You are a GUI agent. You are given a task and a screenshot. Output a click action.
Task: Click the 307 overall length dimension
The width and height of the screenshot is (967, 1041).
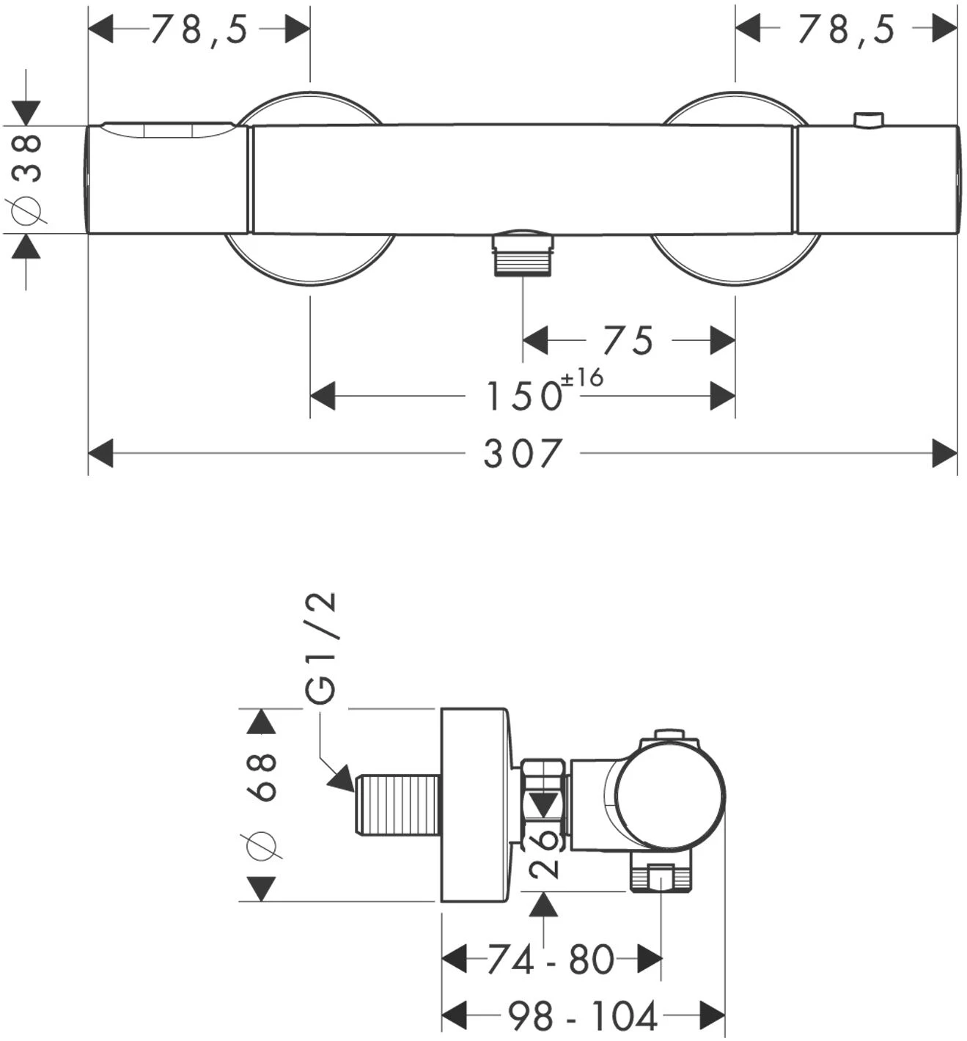pyautogui.click(x=523, y=454)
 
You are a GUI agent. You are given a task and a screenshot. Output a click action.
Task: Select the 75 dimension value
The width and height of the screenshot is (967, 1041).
pyautogui.click(x=628, y=341)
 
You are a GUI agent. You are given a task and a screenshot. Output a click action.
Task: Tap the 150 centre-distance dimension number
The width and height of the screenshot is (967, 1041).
pyautogui.click(x=524, y=397)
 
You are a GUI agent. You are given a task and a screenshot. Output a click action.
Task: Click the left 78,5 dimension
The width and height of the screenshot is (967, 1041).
pyautogui.click(x=200, y=30)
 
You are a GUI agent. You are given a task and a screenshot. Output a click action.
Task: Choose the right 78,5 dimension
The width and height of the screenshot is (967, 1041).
pyautogui.click(x=847, y=30)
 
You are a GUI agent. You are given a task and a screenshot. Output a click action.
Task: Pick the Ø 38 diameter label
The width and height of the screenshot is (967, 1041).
pyautogui.click(x=28, y=180)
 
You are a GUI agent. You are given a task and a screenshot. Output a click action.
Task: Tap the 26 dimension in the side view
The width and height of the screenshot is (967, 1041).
pyautogui.click(x=544, y=853)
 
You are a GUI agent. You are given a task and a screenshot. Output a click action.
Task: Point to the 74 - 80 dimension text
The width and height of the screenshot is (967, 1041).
pyautogui.click(x=551, y=960)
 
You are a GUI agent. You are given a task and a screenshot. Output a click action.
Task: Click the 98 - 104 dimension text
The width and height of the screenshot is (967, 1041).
pyautogui.click(x=583, y=1017)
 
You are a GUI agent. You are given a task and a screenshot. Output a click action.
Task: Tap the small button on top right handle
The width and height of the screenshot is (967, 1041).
pyautogui.click(x=869, y=119)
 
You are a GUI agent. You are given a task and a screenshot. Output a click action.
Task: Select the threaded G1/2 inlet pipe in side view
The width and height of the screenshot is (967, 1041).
pyautogui.click(x=397, y=805)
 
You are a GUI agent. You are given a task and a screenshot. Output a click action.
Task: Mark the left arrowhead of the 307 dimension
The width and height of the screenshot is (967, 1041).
pyautogui.click(x=101, y=453)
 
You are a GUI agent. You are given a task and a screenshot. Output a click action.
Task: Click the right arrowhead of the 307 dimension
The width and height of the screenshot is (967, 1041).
pyautogui.click(x=944, y=453)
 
